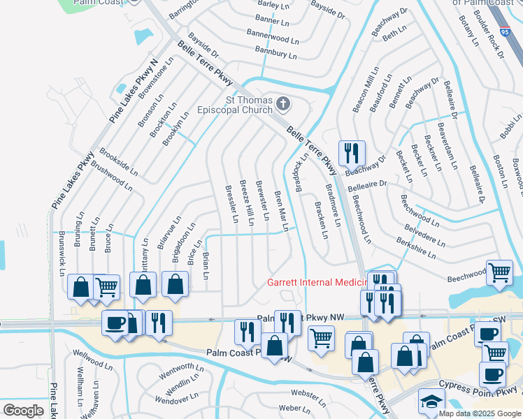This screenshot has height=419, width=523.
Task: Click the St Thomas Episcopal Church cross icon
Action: point(283,104)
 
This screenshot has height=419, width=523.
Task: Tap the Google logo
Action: point(24,411)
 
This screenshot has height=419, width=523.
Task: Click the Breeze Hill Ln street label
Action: point(246,202)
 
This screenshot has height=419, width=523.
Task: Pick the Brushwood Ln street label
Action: point(111,175)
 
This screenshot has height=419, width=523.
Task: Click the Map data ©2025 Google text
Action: point(479,413)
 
